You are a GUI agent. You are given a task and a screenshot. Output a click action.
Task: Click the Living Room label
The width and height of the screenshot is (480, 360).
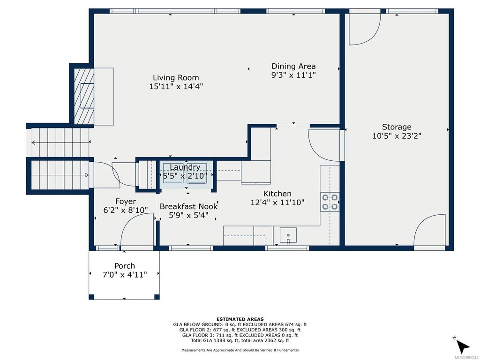[176, 78]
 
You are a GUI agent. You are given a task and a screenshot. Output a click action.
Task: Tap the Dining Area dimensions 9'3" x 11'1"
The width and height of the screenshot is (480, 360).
[293, 75]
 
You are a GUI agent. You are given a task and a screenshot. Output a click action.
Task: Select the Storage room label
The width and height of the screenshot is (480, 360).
[397, 127]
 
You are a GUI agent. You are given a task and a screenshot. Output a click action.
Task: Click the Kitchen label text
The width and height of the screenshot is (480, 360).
[277, 194]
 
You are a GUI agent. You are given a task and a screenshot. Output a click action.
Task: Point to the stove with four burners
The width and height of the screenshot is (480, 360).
[330, 202]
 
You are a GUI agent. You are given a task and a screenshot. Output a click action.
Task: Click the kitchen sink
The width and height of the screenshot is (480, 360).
[288, 234]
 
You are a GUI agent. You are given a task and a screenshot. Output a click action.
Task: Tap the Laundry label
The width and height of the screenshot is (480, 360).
[185, 167]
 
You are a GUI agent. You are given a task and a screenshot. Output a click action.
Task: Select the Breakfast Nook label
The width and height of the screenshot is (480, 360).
[188, 206]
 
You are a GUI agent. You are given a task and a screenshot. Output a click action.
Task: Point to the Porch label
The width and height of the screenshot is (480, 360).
[124, 266]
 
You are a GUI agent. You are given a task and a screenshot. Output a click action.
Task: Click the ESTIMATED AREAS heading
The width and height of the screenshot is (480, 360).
[240, 319]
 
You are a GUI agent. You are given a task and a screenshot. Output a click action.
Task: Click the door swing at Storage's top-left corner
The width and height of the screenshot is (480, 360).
[363, 28]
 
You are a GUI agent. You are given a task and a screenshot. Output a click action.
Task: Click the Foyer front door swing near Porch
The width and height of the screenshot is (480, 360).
[137, 229]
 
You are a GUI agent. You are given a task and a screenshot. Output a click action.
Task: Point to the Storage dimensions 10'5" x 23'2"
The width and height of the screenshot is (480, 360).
[397, 136]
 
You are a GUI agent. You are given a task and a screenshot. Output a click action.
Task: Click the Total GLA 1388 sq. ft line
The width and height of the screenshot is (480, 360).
[240, 341]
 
